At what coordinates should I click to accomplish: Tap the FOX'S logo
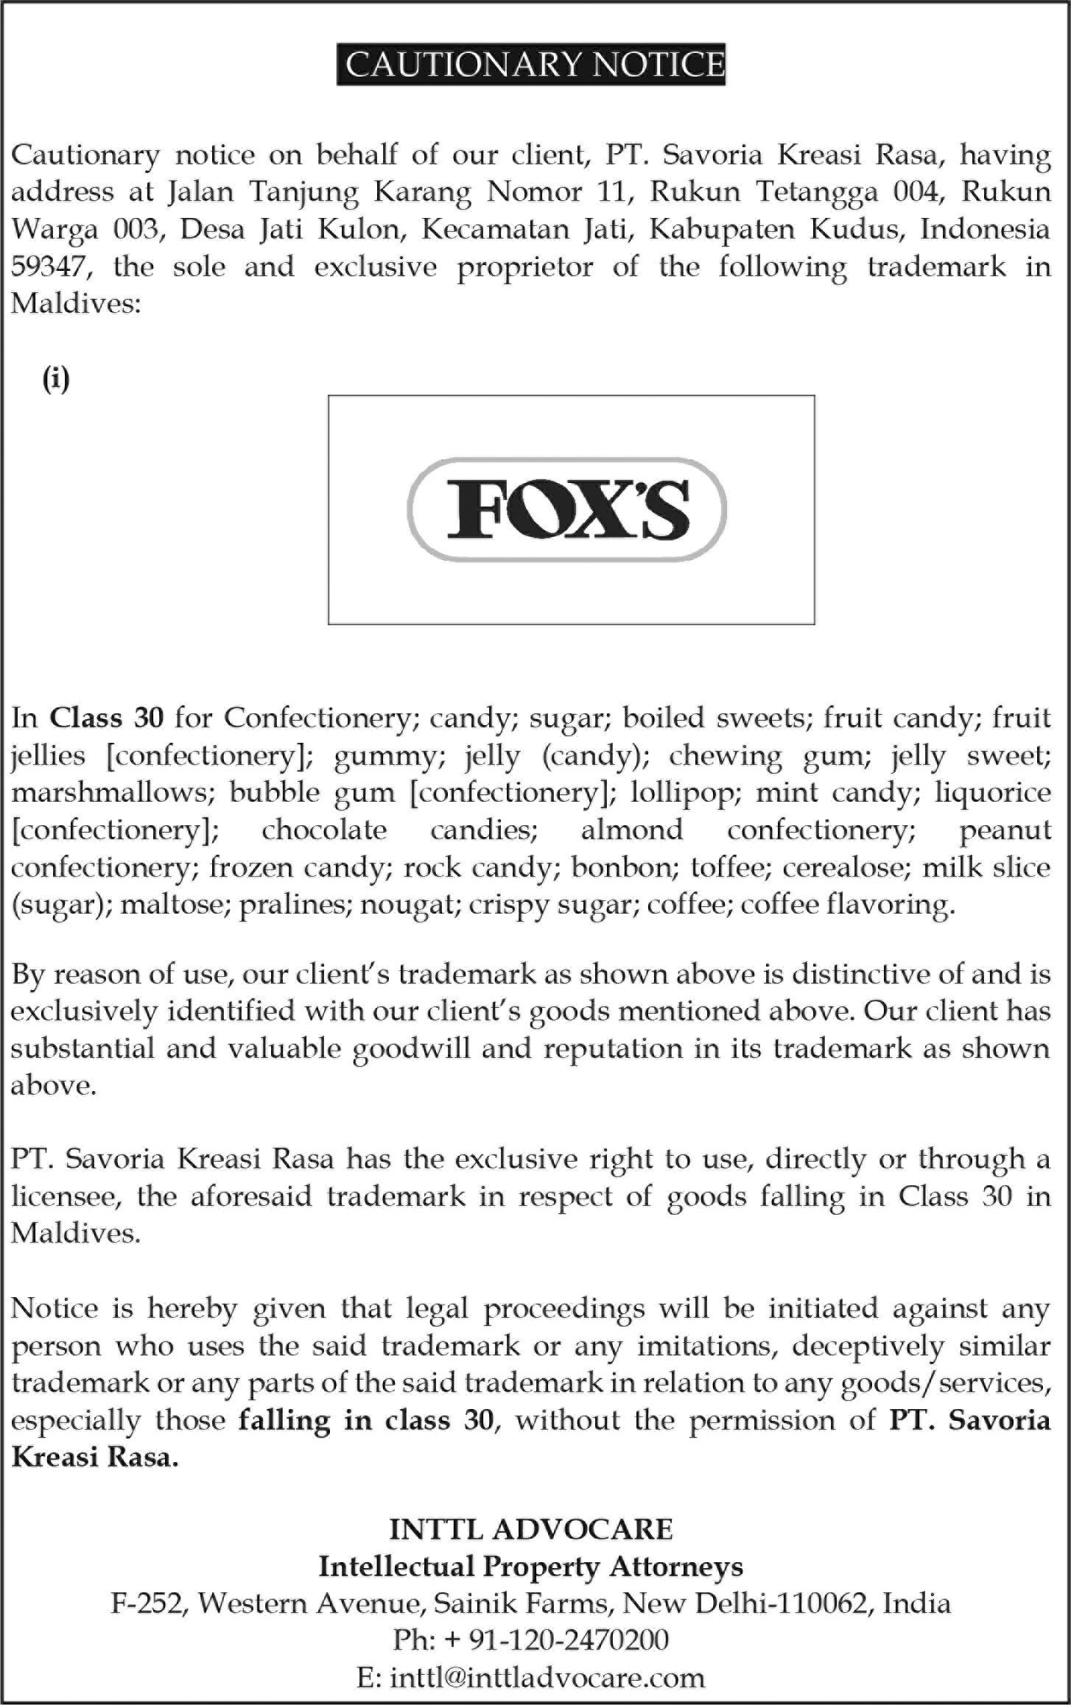click(568, 509)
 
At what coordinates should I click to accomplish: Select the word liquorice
click(993, 793)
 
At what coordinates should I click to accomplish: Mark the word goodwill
click(410, 1048)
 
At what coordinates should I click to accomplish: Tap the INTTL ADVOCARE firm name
click(530, 1530)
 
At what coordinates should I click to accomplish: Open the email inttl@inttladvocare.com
click(547, 1678)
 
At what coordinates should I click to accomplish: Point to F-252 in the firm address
click(146, 1603)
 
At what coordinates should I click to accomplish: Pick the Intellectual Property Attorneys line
click(530, 1567)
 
